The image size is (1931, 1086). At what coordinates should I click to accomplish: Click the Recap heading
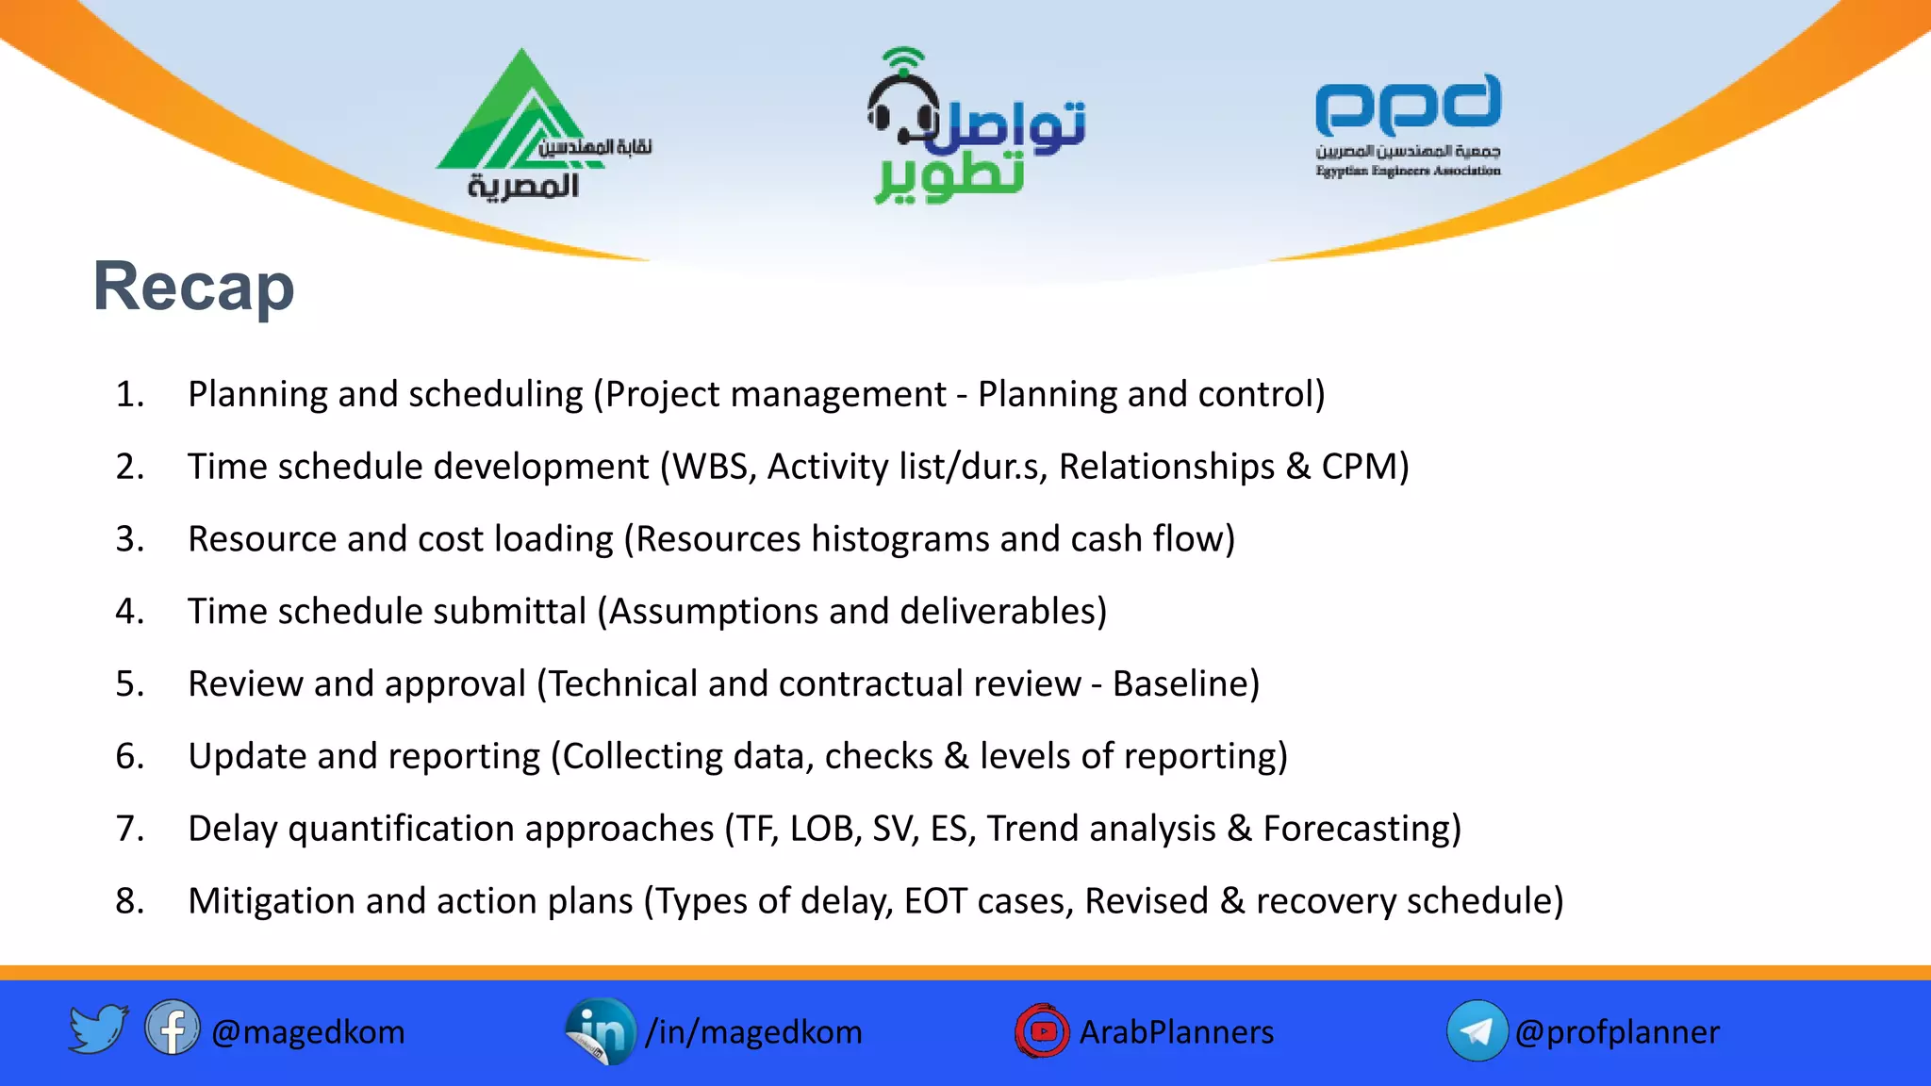[193, 287]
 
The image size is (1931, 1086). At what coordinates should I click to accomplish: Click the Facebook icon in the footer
[172, 1028]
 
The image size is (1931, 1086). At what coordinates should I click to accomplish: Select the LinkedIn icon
[601, 1031]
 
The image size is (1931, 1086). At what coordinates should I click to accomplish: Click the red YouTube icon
[1042, 1031]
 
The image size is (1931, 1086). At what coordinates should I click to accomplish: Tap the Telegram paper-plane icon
[1476, 1030]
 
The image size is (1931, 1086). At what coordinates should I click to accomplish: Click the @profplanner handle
[1616, 1032]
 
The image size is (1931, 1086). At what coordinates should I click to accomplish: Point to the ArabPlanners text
[1176, 1032]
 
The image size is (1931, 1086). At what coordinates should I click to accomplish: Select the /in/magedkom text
[753, 1032]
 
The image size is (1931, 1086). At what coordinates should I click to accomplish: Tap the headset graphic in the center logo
[903, 104]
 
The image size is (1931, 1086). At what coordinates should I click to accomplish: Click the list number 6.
[129, 756]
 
